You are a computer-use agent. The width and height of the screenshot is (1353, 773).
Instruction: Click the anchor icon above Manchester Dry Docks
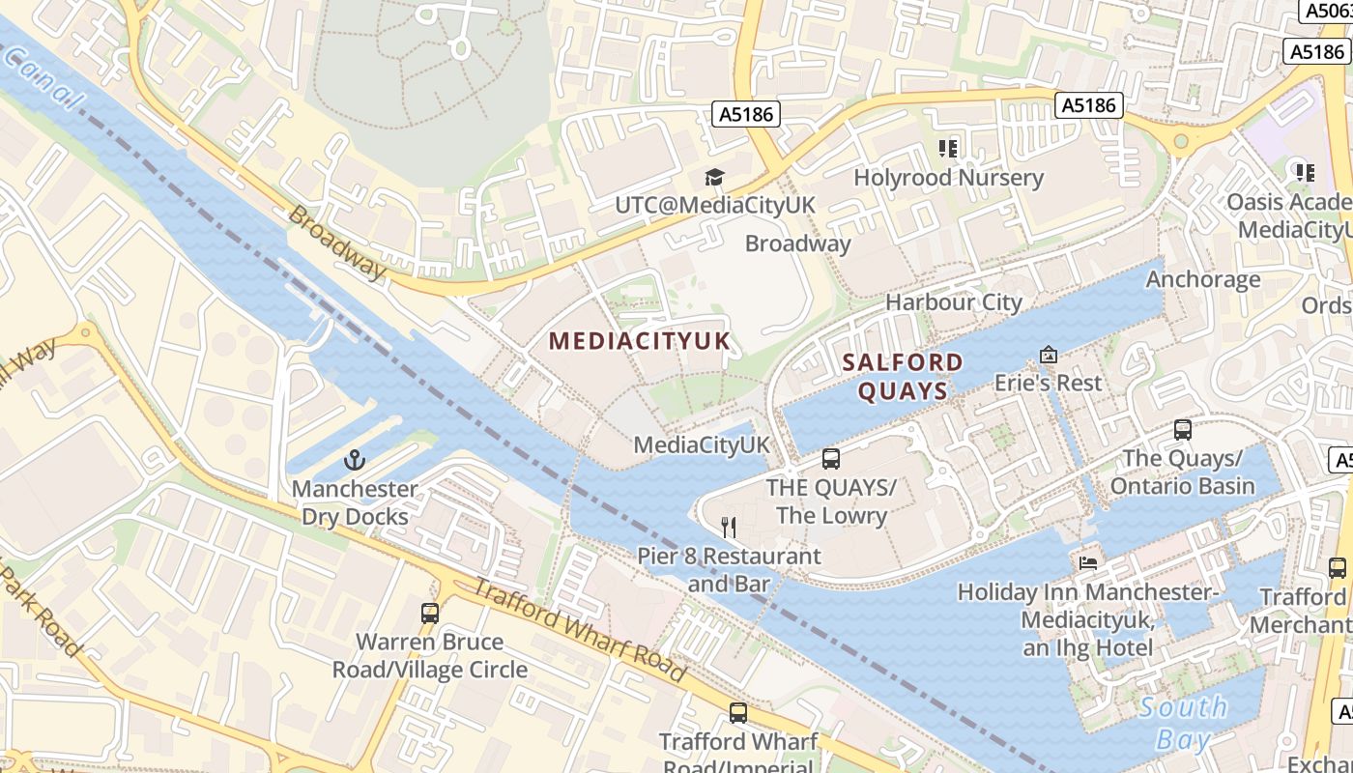(354, 460)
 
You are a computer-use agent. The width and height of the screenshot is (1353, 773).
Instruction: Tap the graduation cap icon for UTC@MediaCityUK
(714, 177)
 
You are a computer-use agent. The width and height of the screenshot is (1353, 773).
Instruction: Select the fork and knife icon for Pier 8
(729, 528)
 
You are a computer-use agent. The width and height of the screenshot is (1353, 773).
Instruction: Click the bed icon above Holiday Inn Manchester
(1088, 562)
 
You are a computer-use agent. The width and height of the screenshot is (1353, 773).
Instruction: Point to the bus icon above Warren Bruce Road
(430, 613)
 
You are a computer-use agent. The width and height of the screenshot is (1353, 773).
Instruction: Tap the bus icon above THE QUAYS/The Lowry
(831, 458)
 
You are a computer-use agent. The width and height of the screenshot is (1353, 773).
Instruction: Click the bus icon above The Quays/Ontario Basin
(1182, 429)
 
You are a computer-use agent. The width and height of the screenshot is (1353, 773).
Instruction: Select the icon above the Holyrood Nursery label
(948, 149)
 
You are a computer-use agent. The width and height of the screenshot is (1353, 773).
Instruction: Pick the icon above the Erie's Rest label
(1048, 355)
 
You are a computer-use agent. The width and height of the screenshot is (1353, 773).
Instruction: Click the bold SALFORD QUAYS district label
(903, 377)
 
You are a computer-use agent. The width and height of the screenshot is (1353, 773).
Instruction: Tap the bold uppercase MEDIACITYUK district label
(640, 341)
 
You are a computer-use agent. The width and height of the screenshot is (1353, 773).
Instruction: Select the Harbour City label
(954, 302)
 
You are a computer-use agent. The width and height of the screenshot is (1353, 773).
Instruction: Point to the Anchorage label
(1203, 279)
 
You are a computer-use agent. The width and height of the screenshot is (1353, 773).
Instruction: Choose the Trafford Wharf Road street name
(578, 629)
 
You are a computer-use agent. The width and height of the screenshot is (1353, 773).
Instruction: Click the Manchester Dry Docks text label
(355, 502)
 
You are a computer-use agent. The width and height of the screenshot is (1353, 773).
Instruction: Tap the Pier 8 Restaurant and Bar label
(729, 570)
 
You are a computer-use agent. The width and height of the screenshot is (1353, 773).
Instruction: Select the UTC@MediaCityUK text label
(715, 206)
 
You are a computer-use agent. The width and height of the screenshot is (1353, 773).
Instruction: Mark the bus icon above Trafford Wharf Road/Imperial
(738, 713)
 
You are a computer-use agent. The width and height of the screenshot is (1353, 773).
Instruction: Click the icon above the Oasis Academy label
(1306, 173)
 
